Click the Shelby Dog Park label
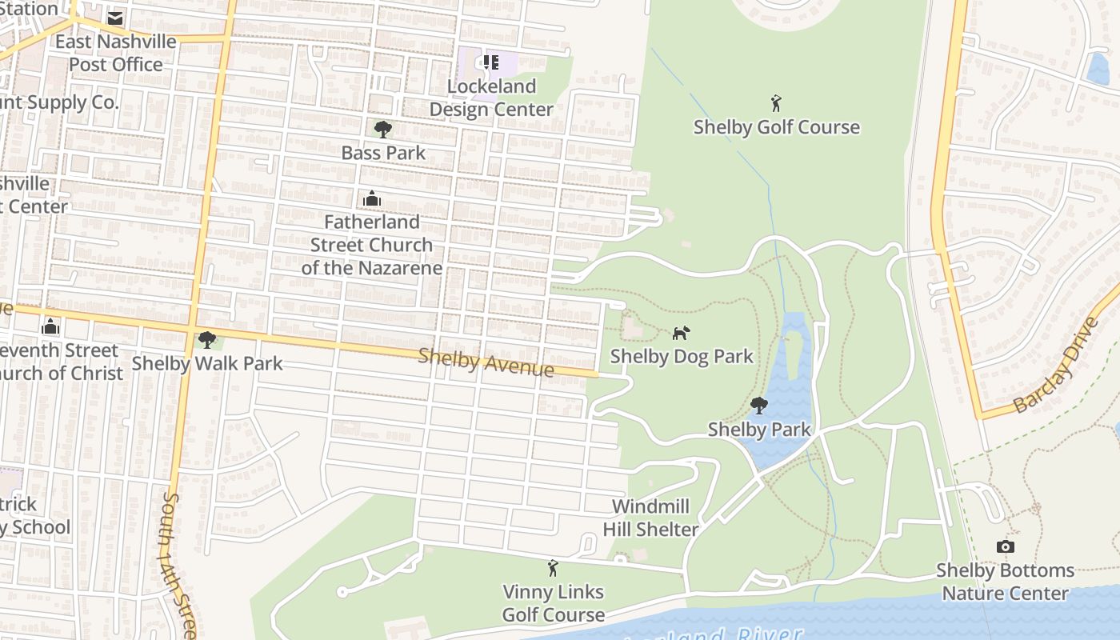(x=682, y=356)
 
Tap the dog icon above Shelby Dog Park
(x=681, y=333)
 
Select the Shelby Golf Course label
(x=776, y=127)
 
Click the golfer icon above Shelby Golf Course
(x=775, y=103)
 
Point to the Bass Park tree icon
(x=383, y=129)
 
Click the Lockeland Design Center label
(x=491, y=98)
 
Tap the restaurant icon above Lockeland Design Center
(x=491, y=62)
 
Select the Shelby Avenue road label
(x=486, y=362)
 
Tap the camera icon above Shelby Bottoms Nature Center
(x=1006, y=547)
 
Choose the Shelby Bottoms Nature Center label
(x=1005, y=582)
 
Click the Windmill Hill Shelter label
(x=650, y=518)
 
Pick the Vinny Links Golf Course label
(x=553, y=603)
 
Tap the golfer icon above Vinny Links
(x=552, y=569)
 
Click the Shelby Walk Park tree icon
(x=207, y=340)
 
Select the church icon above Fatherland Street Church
(x=371, y=198)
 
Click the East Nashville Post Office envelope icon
(x=115, y=18)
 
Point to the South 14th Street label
(x=178, y=564)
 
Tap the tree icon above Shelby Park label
(x=759, y=406)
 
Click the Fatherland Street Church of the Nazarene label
(x=371, y=245)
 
